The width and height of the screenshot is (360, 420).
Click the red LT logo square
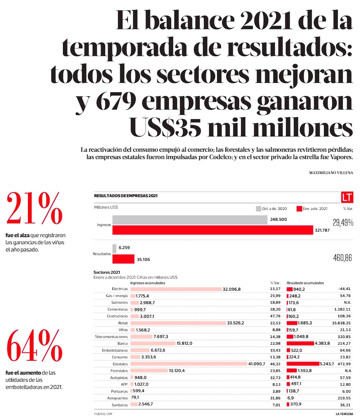347,197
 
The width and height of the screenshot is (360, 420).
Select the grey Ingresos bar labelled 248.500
190,220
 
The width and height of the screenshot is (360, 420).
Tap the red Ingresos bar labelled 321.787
213,230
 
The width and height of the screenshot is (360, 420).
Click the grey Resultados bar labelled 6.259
114,248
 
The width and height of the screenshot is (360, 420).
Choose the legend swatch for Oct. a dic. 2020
258,208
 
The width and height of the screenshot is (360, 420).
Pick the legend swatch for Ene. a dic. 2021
298,208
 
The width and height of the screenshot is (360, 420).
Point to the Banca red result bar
300,343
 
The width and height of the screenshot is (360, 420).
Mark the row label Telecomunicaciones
110,337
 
